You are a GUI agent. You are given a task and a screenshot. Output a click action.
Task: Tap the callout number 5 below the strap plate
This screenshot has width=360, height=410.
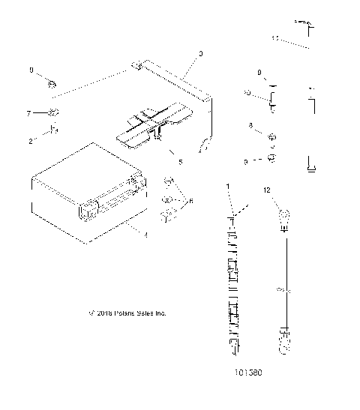point(180,161)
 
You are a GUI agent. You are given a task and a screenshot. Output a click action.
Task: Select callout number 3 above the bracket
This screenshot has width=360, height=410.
point(201,54)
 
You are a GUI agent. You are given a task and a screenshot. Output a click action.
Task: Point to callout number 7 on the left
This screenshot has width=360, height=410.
point(29,113)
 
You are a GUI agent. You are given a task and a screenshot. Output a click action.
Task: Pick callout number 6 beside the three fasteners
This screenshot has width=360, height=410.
point(191,200)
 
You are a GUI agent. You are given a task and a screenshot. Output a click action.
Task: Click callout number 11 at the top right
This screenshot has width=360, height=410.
point(275,36)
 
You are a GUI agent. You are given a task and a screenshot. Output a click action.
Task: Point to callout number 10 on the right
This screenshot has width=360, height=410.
point(247,93)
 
